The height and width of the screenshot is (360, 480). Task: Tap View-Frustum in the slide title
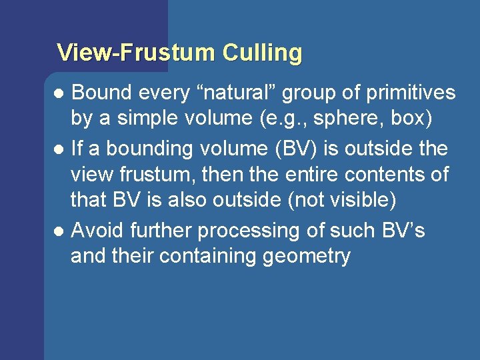(137, 53)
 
